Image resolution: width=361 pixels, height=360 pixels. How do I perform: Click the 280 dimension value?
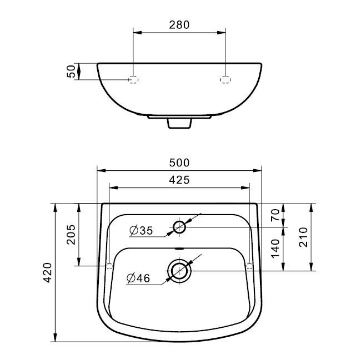coord(179,25)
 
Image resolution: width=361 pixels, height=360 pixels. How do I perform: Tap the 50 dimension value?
coord(71,72)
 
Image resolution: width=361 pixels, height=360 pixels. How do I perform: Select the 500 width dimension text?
coord(179,163)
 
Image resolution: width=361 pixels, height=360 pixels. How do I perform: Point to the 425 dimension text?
coord(179,180)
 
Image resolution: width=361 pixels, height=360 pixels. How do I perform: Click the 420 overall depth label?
coord(48,272)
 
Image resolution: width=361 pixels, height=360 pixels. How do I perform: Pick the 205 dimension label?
coord(71,234)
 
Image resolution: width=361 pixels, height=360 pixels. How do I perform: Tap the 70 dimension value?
coord(275,215)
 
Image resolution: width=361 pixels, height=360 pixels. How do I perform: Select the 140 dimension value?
coord(275,249)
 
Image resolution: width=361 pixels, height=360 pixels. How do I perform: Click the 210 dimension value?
coord(303,237)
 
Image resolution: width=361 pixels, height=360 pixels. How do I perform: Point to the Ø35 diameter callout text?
coord(141,231)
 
